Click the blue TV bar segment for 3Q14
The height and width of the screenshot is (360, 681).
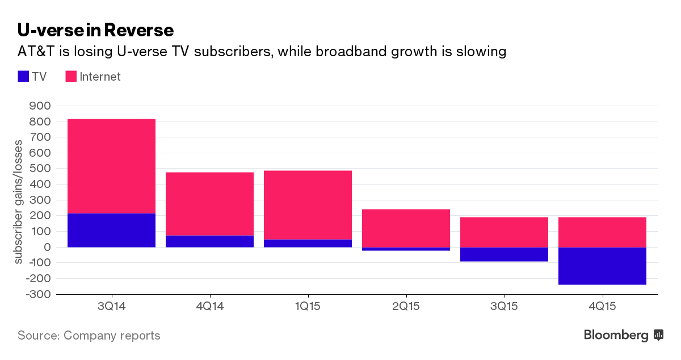pyautogui.click(x=111, y=230)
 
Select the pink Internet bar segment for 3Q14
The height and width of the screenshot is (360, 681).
pyautogui.click(x=111, y=166)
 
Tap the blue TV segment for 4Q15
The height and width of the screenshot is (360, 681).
pyautogui.click(x=602, y=266)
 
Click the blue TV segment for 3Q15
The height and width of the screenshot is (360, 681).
pyautogui.click(x=504, y=254)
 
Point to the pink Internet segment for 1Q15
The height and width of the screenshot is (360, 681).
pyautogui.click(x=308, y=204)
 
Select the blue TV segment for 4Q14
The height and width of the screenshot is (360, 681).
pyautogui.click(x=209, y=241)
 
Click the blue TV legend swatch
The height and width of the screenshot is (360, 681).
pyautogui.click(x=24, y=77)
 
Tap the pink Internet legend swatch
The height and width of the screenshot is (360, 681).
pyautogui.click(x=72, y=77)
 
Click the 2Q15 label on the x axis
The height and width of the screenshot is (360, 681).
pyautogui.click(x=406, y=307)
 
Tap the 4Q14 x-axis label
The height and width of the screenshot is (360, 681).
pyautogui.click(x=209, y=307)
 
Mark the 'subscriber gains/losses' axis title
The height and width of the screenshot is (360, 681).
pyautogui.click(x=19, y=200)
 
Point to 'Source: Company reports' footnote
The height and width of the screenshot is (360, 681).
pyautogui.click(x=89, y=336)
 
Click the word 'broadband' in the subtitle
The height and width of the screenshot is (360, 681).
pyautogui.click(x=348, y=52)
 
